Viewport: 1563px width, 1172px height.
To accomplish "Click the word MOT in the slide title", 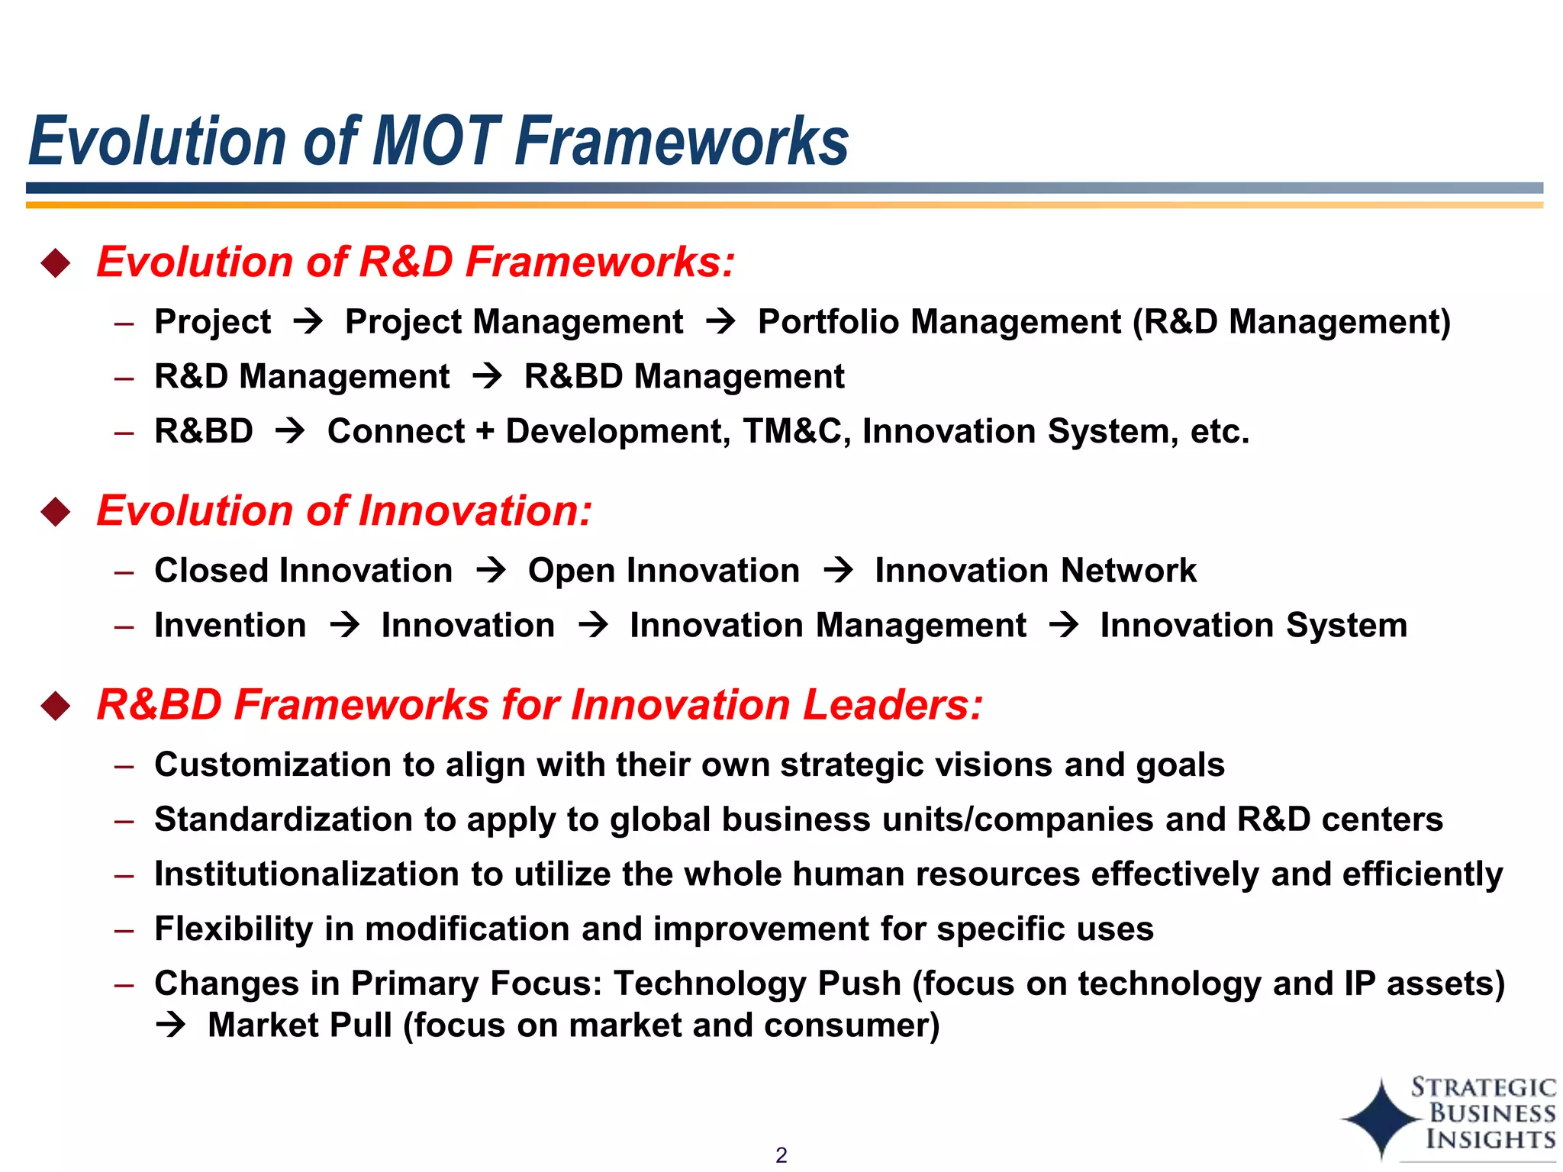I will pyautogui.click(x=437, y=141).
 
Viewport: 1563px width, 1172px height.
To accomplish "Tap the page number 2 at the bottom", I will pyautogui.click(x=781, y=1154).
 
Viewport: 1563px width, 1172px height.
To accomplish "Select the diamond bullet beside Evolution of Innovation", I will pyautogui.click(x=56, y=511).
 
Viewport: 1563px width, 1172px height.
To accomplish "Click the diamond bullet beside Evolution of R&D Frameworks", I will pyautogui.click(x=56, y=263).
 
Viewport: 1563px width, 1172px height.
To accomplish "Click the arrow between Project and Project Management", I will pyautogui.click(x=308, y=321).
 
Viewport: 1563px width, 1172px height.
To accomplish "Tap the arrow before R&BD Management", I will pyautogui.click(x=487, y=376).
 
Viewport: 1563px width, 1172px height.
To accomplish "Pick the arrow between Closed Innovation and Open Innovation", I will pyautogui.click(x=491, y=570).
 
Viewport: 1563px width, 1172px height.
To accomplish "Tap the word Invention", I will pyautogui.click(x=230, y=625).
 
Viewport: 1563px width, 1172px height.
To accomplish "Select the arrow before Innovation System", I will pyautogui.click(x=1063, y=625).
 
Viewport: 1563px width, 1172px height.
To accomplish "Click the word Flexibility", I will pyautogui.click(x=234, y=929).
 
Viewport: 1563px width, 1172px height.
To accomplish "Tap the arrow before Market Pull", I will pyautogui.click(x=170, y=1025).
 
